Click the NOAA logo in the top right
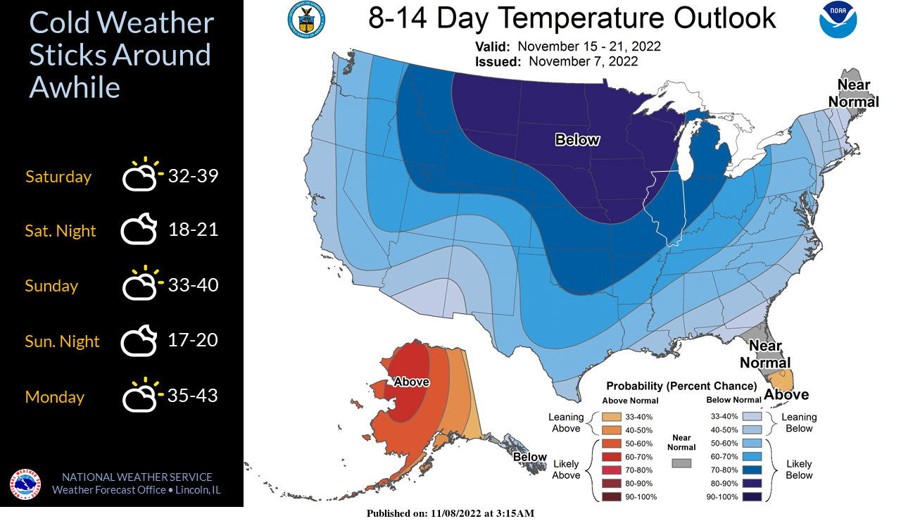(x=838, y=20)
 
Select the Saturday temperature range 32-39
(x=193, y=175)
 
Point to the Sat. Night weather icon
(x=138, y=230)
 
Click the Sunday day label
(x=51, y=286)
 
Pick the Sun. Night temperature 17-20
(x=193, y=341)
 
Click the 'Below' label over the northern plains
(x=577, y=140)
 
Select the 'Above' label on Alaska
(x=411, y=382)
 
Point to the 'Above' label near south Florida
(x=786, y=394)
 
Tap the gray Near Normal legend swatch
(x=681, y=463)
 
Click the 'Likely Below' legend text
(x=799, y=470)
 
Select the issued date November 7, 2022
(x=583, y=61)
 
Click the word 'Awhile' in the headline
(x=75, y=88)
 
